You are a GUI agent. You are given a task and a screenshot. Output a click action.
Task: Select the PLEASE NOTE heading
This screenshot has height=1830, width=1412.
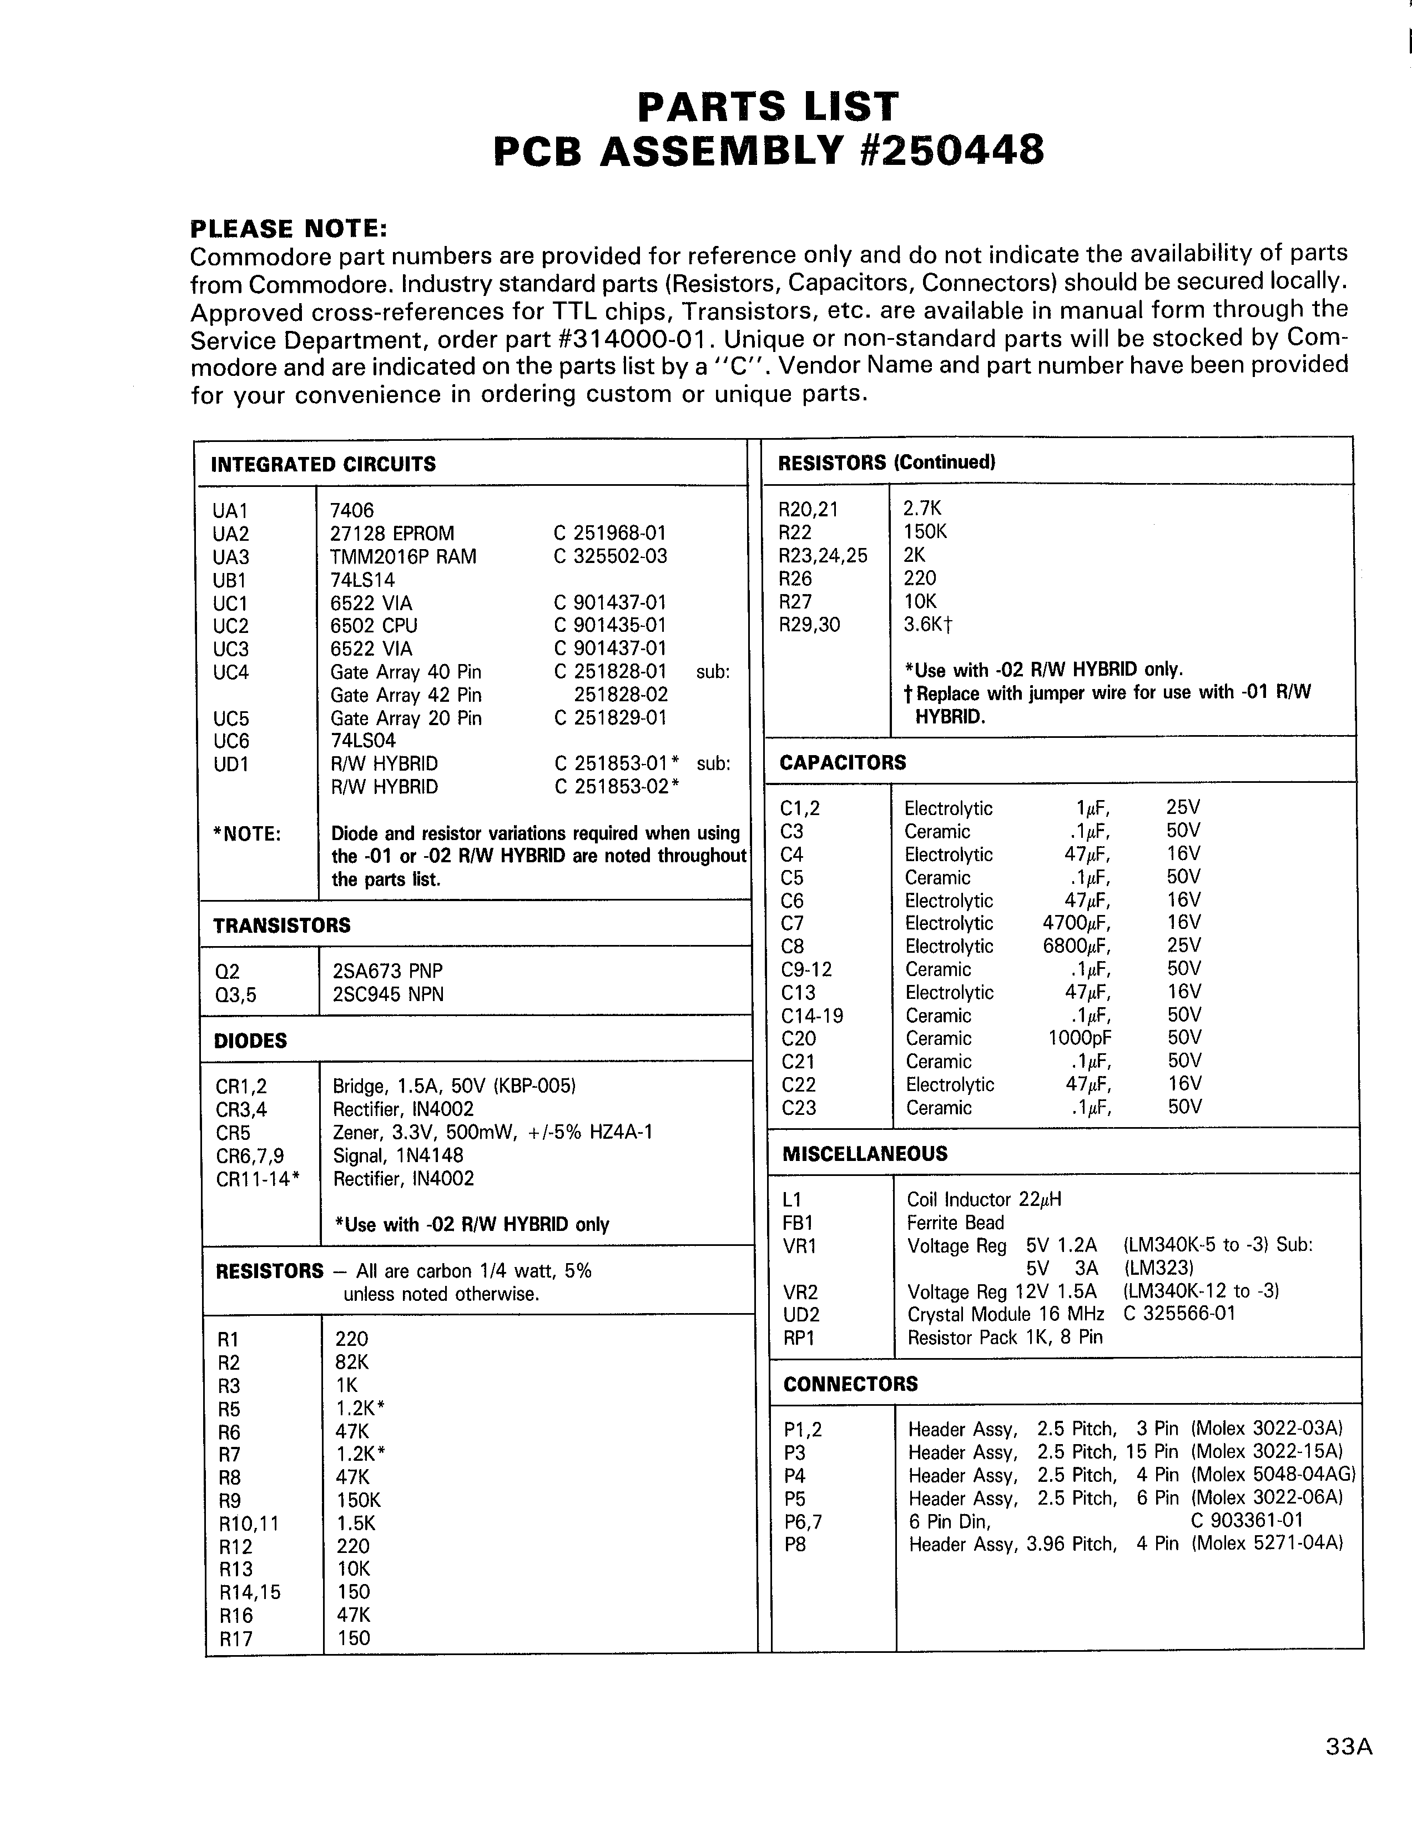[289, 229]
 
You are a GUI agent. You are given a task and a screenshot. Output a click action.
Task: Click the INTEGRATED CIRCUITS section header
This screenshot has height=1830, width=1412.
[323, 464]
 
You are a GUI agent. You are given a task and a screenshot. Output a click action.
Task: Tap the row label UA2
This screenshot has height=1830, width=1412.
[231, 534]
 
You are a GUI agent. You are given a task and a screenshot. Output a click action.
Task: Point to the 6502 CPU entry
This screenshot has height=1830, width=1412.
[374, 626]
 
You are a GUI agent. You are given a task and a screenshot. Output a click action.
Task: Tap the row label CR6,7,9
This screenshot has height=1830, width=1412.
[250, 1157]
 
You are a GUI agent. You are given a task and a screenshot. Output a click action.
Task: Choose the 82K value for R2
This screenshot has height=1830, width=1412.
[352, 1363]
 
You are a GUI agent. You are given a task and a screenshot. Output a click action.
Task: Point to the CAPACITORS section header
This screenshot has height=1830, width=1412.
[843, 762]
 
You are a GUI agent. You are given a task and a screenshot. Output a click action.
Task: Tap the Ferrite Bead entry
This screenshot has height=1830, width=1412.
[956, 1223]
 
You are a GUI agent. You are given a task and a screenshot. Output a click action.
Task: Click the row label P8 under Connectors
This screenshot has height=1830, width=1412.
[795, 1544]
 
